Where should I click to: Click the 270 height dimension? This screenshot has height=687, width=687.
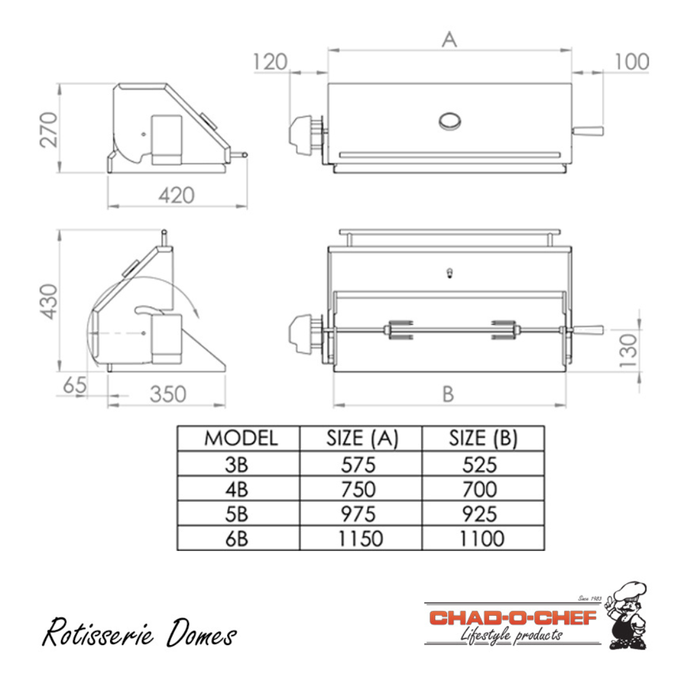click(x=49, y=128)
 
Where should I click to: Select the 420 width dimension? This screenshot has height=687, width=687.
click(x=176, y=195)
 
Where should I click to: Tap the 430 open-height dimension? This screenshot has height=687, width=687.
click(x=49, y=301)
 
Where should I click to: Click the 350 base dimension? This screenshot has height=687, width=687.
click(x=168, y=394)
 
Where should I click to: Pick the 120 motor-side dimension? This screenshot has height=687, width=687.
click(x=270, y=62)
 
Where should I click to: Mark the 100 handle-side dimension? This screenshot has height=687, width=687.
click(x=632, y=62)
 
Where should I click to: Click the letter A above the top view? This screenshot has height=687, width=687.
click(x=449, y=39)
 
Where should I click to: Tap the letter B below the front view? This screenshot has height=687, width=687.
click(x=448, y=394)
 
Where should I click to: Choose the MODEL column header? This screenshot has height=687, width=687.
click(x=240, y=438)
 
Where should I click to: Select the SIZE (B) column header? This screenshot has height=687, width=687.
click(x=483, y=438)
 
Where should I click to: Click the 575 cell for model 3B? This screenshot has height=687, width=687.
click(x=360, y=464)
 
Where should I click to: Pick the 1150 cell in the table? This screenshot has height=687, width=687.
click(x=360, y=538)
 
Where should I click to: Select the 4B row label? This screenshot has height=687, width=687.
click(x=237, y=489)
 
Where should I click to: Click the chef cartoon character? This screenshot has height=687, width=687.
click(x=627, y=615)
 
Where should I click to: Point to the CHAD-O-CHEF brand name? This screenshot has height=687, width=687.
click(x=513, y=618)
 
